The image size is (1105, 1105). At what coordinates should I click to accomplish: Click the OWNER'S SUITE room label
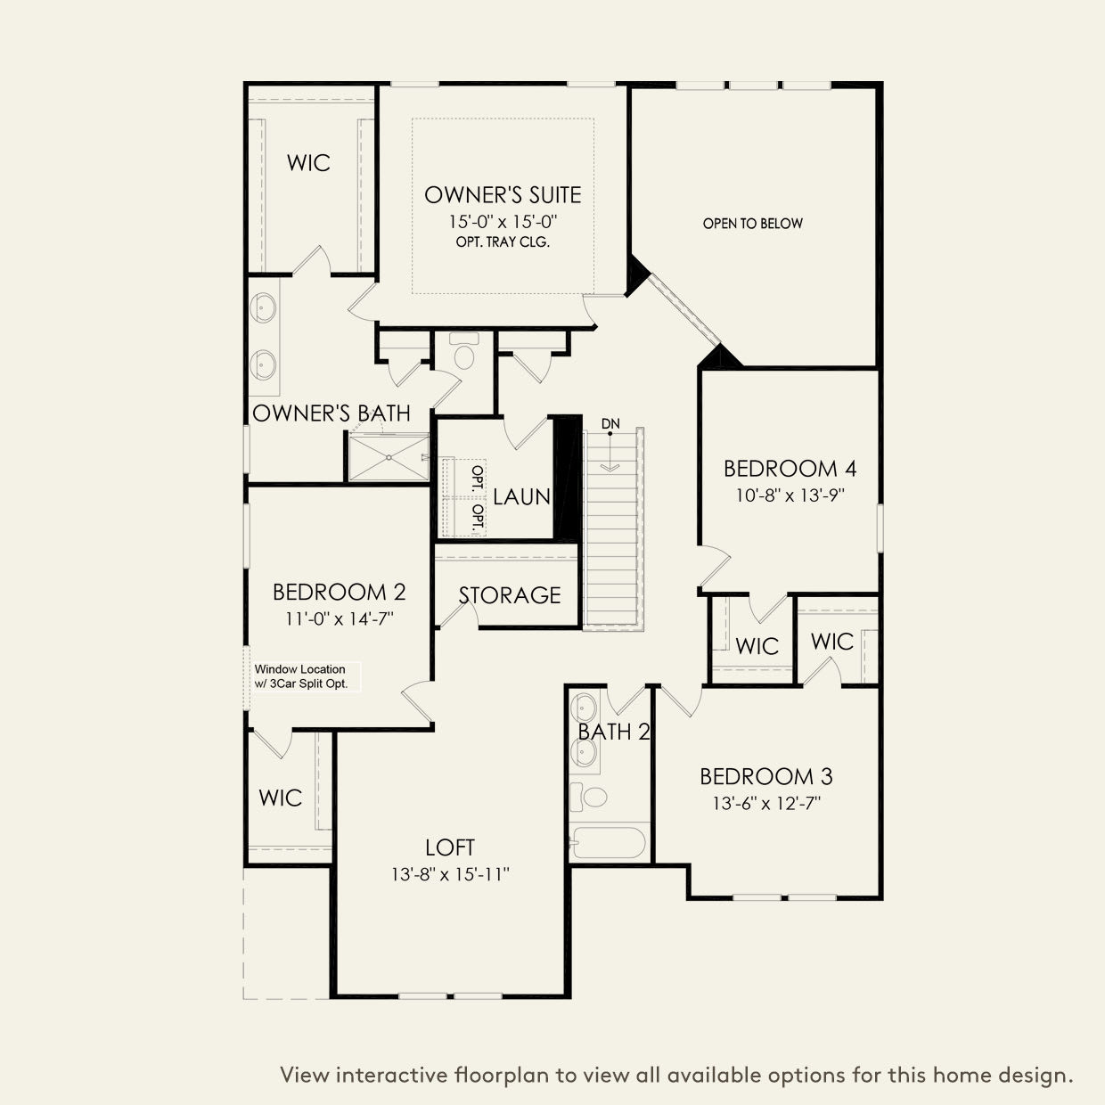tap(503, 194)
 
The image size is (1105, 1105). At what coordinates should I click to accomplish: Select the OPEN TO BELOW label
tap(752, 224)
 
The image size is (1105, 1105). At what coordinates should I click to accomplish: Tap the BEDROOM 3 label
tap(765, 776)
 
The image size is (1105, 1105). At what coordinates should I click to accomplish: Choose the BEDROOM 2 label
tap(339, 592)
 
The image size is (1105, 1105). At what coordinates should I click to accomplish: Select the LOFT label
tap(449, 847)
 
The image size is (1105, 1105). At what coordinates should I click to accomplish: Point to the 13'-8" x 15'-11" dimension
tap(449, 875)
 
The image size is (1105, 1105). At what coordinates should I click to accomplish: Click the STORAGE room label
tap(510, 595)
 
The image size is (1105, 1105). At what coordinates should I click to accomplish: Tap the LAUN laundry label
tap(521, 496)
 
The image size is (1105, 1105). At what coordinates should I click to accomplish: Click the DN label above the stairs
tap(610, 422)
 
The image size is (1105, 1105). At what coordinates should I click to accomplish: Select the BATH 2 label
tap(613, 732)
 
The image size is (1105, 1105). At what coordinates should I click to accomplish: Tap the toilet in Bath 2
tap(590, 796)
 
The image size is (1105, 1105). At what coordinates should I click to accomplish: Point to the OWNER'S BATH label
tap(331, 413)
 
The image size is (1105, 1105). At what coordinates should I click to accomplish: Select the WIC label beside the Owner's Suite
tap(308, 163)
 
